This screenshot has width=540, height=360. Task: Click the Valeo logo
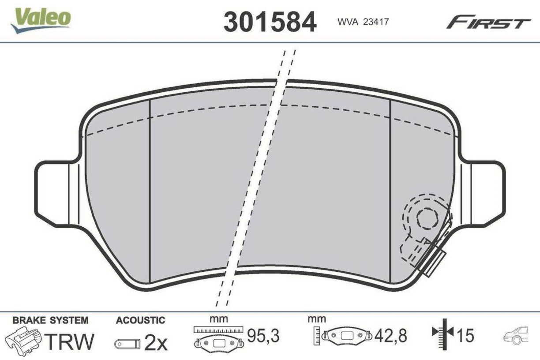coord(41,20)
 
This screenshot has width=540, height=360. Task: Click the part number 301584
coord(270,22)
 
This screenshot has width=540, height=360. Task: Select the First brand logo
coord(489,23)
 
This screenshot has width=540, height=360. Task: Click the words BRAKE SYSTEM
coord(50,320)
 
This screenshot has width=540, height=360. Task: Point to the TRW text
coord(70,341)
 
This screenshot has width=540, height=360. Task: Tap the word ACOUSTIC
coord(141,320)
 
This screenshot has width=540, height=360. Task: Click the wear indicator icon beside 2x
coord(127,344)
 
